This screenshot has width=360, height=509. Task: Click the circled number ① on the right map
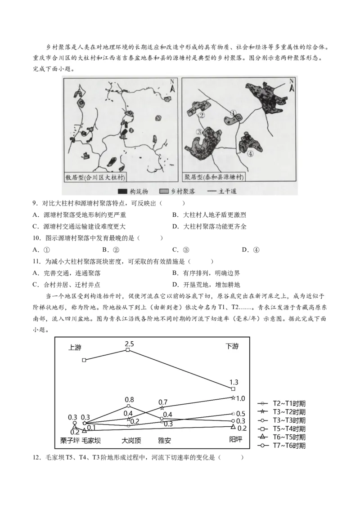[x=233, y=113]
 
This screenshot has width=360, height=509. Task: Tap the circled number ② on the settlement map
[x=202, y=115]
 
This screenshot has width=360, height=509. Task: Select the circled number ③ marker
[x=198, y=132]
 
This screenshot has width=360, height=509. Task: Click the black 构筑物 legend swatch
[x=122, y=192]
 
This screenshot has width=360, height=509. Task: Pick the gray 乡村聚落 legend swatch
[x=164, y=192]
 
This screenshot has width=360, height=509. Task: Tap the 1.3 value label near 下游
[x=233, y=382]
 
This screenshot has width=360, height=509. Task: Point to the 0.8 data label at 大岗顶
[x=129, y=399]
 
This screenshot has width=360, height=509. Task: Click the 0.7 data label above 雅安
[x=163, y=402]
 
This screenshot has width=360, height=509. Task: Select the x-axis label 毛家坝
[x=91, y=440]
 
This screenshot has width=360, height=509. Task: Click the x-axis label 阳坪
[x=233, y=439]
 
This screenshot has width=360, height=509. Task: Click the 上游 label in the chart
[x=76, y=347]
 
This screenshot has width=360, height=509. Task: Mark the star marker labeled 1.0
[x=233, y=398]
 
